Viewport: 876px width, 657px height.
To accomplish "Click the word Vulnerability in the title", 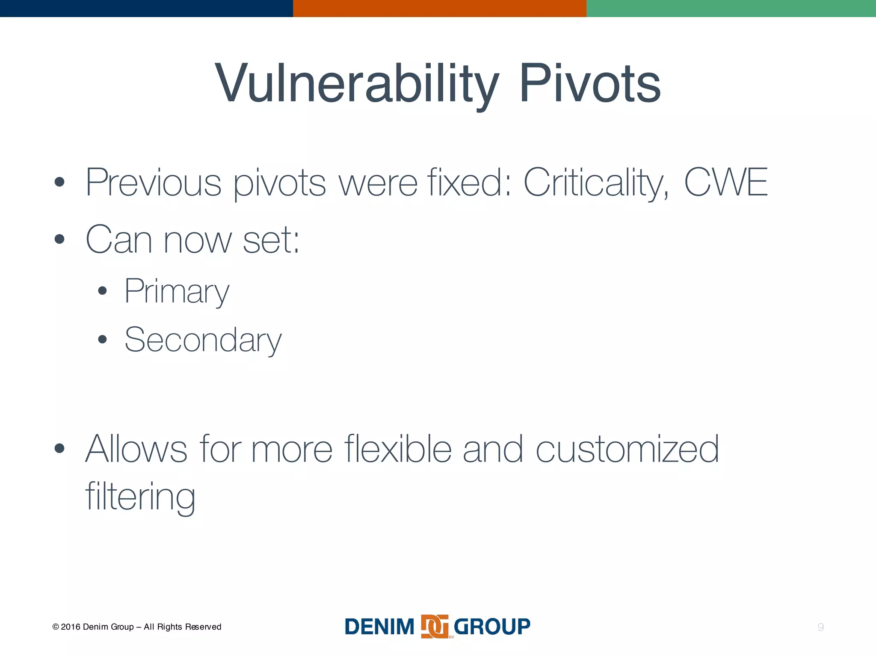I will click(x=357, y=83).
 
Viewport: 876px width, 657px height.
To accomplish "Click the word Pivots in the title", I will click(x=590, y=83).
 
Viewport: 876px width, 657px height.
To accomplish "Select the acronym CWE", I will click(x=726, y=182).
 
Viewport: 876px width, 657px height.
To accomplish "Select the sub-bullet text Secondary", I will click(x=203, y=340).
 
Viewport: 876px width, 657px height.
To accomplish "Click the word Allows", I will click(x=136, y=449).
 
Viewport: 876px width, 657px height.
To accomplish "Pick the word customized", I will click(x=627, y=449).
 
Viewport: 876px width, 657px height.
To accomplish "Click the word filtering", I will click(x=140, y=497).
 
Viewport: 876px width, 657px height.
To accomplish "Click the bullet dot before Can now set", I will click(x=59, y=239).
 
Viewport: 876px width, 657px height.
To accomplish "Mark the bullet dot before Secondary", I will click(x=102, y=340).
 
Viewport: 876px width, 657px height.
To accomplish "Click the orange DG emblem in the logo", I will click(x=435, y=627).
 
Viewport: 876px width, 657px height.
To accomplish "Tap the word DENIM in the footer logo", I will click(x=379, y=627).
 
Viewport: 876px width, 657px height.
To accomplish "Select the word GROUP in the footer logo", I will click(x=492, y=627).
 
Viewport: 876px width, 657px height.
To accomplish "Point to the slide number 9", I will click(x=820, y=627).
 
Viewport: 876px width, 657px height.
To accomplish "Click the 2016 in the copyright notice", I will click(x=71, y=627).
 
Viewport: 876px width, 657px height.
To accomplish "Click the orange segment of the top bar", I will click(x=439, y=8).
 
